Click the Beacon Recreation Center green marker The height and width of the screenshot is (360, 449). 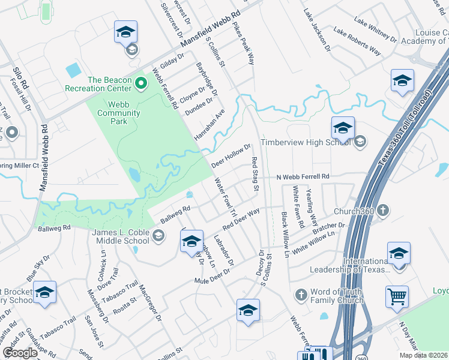click(x=141, y=82)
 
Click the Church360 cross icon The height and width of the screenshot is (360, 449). click(x=383, y=211)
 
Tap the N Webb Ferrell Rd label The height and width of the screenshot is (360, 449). click(x=303, y=177)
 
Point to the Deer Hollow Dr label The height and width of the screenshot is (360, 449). click(x=231, y=157)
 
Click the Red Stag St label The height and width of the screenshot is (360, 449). click(x=255, y=175)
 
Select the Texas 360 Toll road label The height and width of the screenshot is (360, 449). click(x=406, y=128)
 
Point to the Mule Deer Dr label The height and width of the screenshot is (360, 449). click(x=212, y=277)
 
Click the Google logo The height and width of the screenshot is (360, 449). click(x=20, y=353)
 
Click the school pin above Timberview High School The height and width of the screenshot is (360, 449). click(x=343, y=127)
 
